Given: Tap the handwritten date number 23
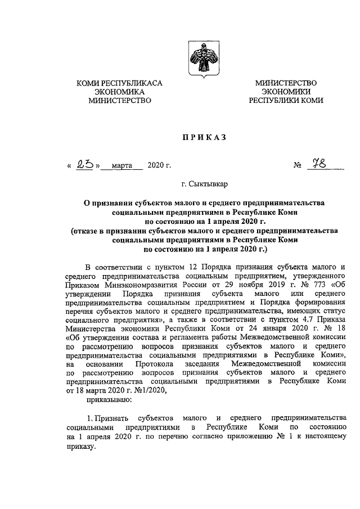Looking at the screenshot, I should (x=87, y=165).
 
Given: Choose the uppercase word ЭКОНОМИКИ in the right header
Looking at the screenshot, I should (x=286, y=92).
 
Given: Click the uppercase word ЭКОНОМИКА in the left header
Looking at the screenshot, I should (x=119, y=92).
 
